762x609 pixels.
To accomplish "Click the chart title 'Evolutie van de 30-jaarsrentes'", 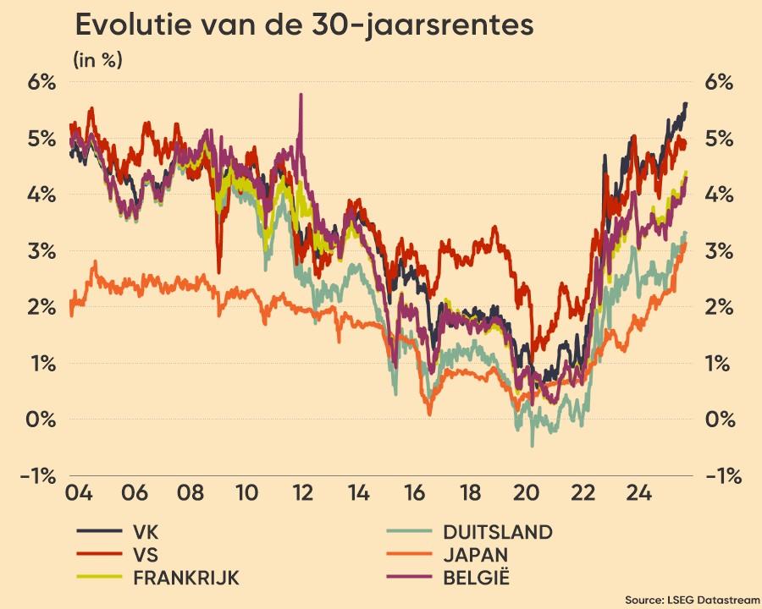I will (x=304, y=25).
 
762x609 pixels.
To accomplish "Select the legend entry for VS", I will (x=145, y=555).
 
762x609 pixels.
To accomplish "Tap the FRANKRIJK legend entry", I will (x=185, y=578).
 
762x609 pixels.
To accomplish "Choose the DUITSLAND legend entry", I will (x=497, y=532).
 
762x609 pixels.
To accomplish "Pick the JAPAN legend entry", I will (x=475, y=555).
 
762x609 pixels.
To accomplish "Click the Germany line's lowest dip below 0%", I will (x=532, y=445).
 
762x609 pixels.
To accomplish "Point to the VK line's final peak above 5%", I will (x=685, y=103).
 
